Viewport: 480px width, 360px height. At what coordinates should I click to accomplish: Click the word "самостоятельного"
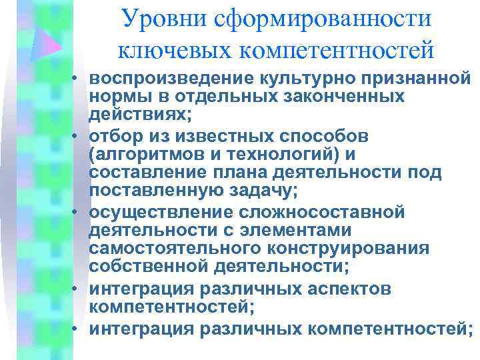point(168,248)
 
